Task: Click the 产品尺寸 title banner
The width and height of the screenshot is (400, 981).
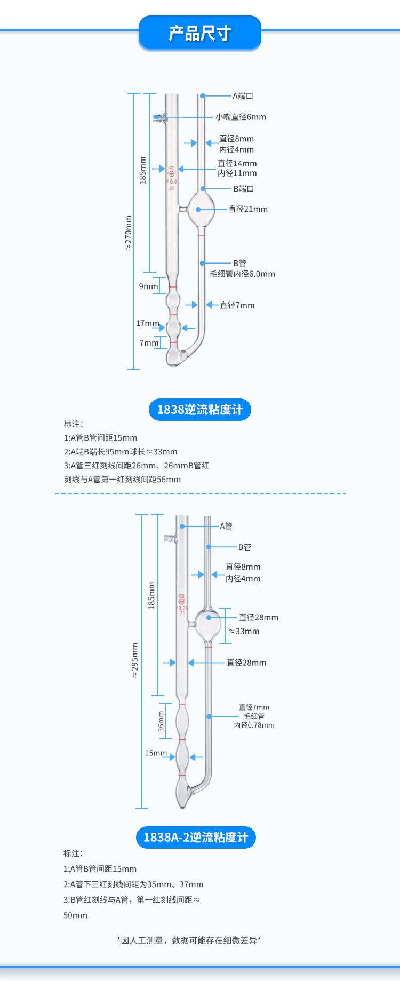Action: point(199,33)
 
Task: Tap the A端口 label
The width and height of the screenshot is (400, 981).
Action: point(243,96)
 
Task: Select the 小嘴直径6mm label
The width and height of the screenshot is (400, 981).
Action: point(241,117)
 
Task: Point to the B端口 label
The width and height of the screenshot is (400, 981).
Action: point(244,189)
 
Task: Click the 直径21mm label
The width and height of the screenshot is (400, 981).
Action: point(248,209)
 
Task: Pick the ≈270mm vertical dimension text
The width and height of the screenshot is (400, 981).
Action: point(129,233)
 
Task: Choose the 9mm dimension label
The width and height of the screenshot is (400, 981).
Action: point(148,286)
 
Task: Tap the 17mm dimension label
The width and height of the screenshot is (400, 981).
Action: point(147,323)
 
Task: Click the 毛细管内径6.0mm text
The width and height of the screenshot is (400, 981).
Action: point(242,274)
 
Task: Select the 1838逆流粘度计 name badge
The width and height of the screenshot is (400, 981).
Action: point(199,410)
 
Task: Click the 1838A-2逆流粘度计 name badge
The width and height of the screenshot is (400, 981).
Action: point(196,838)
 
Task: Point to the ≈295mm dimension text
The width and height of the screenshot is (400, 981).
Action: point(134,660)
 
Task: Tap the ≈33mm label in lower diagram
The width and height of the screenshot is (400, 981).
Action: point(244,631)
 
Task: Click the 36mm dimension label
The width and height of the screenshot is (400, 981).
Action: point(161,721)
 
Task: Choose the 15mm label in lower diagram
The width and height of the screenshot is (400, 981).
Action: point(156,753)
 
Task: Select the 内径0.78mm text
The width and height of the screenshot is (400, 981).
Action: point(254,725)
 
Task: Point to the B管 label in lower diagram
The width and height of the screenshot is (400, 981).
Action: point(244,547)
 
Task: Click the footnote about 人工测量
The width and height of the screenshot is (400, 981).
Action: point(189,940)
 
